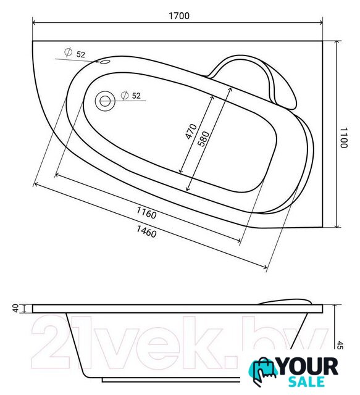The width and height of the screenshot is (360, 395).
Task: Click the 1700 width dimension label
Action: click(x=179, y=16)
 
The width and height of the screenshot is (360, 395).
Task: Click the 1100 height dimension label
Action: click(x=344, y=138)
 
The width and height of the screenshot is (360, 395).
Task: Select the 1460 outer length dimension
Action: click(x=146, y=231)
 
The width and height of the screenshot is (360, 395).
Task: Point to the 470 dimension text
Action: click(x=191, y=131)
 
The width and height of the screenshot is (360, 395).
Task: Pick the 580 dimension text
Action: click(x=203, y=139)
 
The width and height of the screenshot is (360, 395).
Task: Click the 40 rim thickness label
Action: click(x=16, y=309)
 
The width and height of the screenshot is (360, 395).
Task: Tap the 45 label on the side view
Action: click(x=340, y=345)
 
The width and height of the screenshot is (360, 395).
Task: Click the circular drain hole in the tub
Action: click(x=105, y=101)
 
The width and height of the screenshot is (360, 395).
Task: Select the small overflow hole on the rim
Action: click(x=105, y=62)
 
